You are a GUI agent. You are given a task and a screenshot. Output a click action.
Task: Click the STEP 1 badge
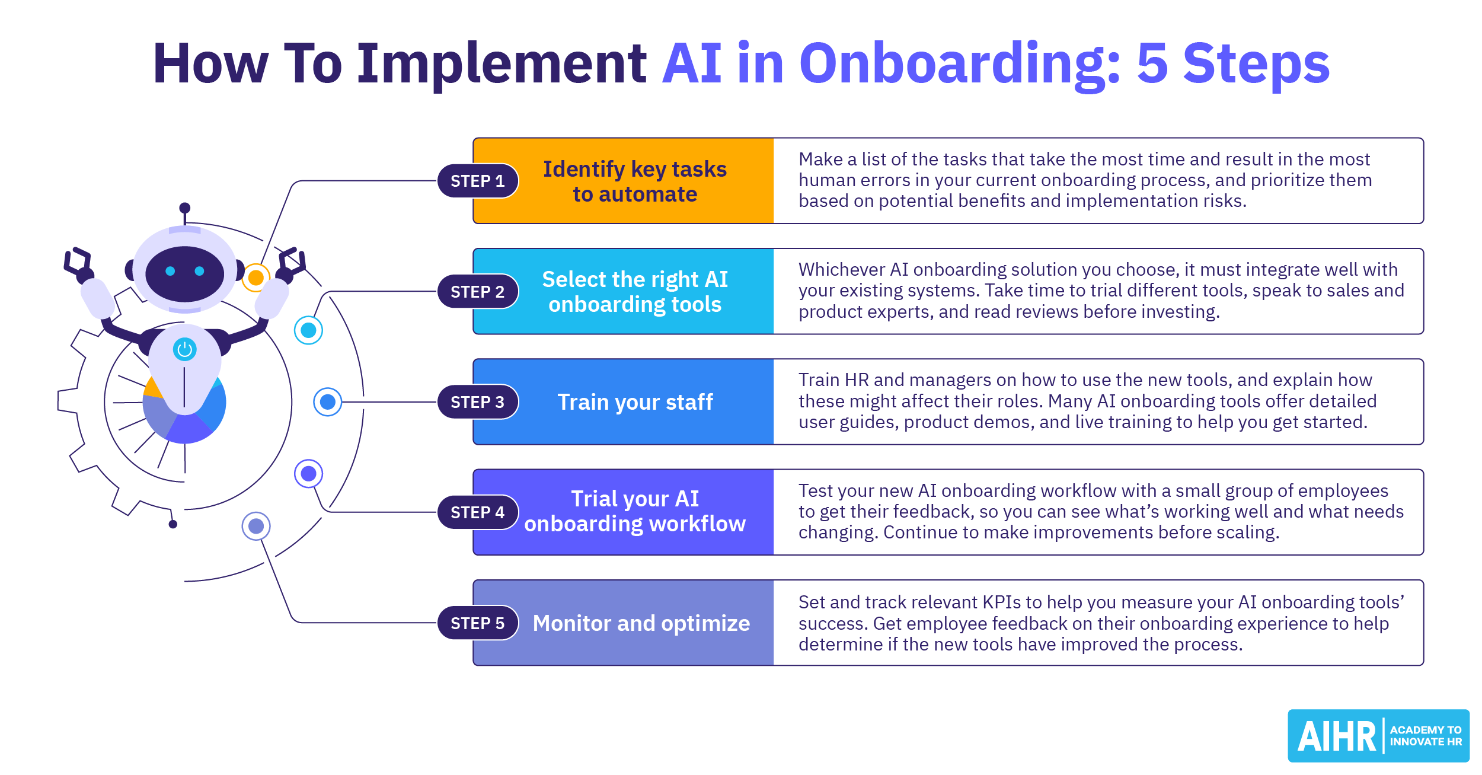(478, 181)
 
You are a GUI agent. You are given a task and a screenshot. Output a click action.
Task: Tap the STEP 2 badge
(478, 292)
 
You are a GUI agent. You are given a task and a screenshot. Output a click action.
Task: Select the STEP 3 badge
(478, 402)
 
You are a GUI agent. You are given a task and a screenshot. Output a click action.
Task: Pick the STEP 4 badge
(478, 512)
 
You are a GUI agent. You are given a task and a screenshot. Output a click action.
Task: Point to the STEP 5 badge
(478, 623)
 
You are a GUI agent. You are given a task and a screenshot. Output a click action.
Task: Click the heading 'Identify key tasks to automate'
(635, 181)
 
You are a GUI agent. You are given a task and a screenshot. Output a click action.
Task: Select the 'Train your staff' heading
(635, 402)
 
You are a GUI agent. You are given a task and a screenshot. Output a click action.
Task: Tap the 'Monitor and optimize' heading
(641, 623)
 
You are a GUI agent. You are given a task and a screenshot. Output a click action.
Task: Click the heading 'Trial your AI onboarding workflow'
(635, 512)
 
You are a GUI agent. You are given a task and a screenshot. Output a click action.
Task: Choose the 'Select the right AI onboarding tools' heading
(635, 292)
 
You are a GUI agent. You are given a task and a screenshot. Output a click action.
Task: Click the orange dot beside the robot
(256, 277)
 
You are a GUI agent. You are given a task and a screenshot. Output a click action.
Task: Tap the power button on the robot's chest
(185, 349)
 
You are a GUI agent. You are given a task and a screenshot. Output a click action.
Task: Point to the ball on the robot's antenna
(185, 208)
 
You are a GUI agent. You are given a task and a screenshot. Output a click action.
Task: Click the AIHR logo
(1378, 736)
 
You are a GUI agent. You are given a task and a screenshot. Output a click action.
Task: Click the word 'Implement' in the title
(502, 64)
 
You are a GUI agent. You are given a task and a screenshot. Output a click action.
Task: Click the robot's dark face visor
(185, 273)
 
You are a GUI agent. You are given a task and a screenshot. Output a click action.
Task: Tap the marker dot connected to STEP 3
(328, 402)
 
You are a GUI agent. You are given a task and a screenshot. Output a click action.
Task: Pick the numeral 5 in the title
(1152, 64)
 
